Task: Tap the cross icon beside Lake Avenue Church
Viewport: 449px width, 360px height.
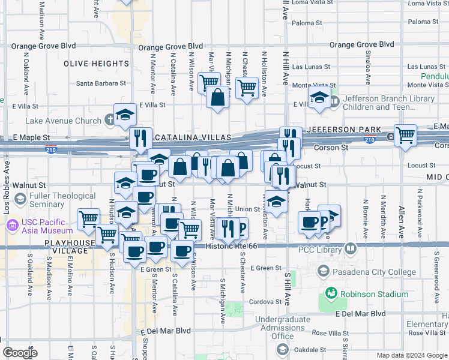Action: [109, 120]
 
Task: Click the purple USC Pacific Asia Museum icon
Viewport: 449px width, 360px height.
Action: [13, 226]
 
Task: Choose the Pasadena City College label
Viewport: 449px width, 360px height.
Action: [373, 272]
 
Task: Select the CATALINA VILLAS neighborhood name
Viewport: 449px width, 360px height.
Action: [193, 138]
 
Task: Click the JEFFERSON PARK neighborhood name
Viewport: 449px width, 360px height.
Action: [343, 130]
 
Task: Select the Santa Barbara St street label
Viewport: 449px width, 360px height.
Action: [101, 84]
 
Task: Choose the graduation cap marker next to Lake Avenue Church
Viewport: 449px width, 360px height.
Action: [126, 114]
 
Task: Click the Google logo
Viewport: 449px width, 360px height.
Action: [20, 353]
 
